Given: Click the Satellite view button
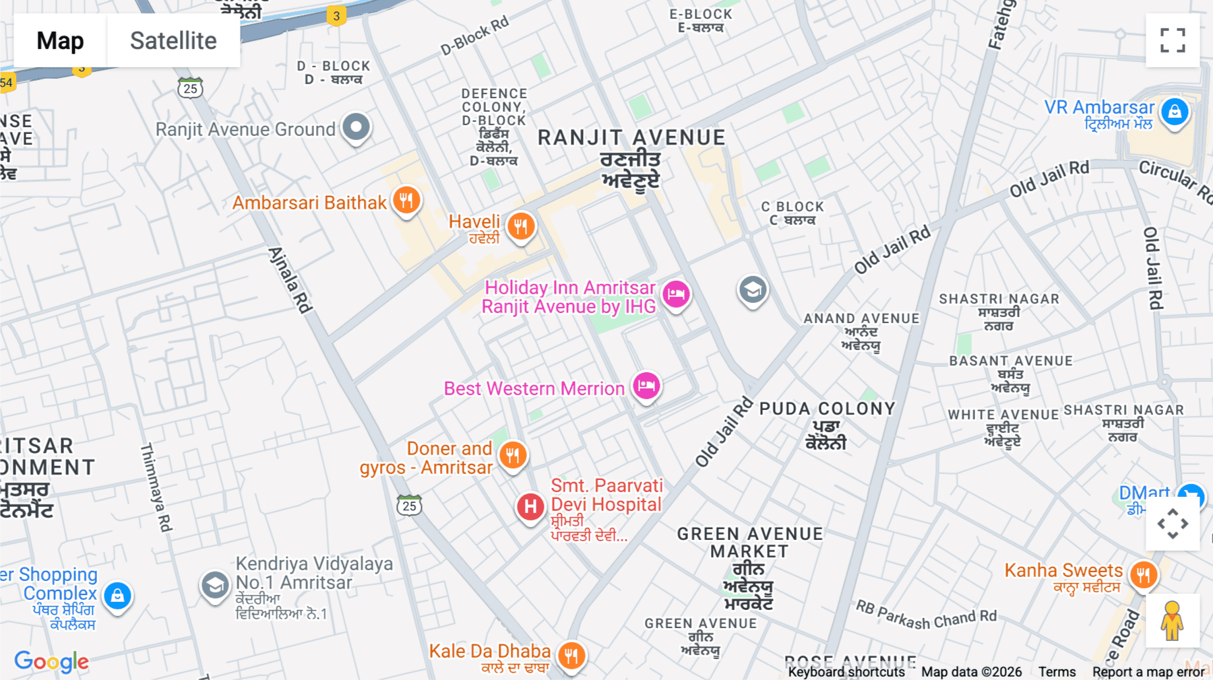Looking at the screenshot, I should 173,41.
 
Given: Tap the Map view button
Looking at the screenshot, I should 60,41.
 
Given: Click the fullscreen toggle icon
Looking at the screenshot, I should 1173,40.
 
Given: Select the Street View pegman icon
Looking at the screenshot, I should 1172,621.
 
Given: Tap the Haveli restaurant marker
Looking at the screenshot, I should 520,226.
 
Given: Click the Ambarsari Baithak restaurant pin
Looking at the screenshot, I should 406,200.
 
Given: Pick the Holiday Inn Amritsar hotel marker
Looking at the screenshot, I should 676,294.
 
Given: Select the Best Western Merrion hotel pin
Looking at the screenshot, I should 646,386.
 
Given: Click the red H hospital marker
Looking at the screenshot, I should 530,506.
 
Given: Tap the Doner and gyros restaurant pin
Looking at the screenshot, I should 513,455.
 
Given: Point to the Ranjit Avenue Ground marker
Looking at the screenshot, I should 356,126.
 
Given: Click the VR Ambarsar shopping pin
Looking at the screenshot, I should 1175,111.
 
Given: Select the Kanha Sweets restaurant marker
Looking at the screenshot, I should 1143,574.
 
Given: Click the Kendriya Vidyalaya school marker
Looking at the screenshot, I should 215,585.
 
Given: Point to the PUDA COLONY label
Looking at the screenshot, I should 827,409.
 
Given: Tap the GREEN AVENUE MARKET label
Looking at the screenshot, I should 749,543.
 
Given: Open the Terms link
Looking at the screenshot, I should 1057,672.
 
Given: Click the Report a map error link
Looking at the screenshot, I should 1148,672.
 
